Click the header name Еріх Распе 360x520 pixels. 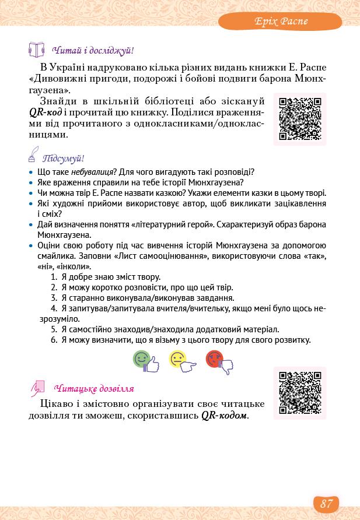[280, 22]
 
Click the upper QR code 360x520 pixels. [300, 119]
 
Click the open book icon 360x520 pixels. [37, 50]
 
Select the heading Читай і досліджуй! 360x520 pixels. [93, 51]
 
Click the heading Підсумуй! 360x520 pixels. [67, 159]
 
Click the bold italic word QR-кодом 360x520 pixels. [224, 416]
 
